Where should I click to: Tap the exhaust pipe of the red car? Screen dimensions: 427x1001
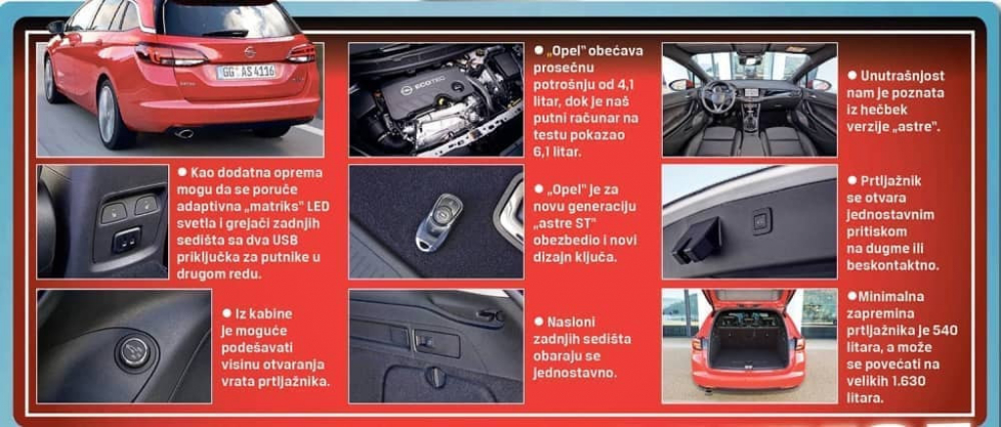click(183, 132)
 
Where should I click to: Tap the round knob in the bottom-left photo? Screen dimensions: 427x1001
click(134, 350)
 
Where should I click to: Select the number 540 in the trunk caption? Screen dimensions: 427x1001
click(944, 331)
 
